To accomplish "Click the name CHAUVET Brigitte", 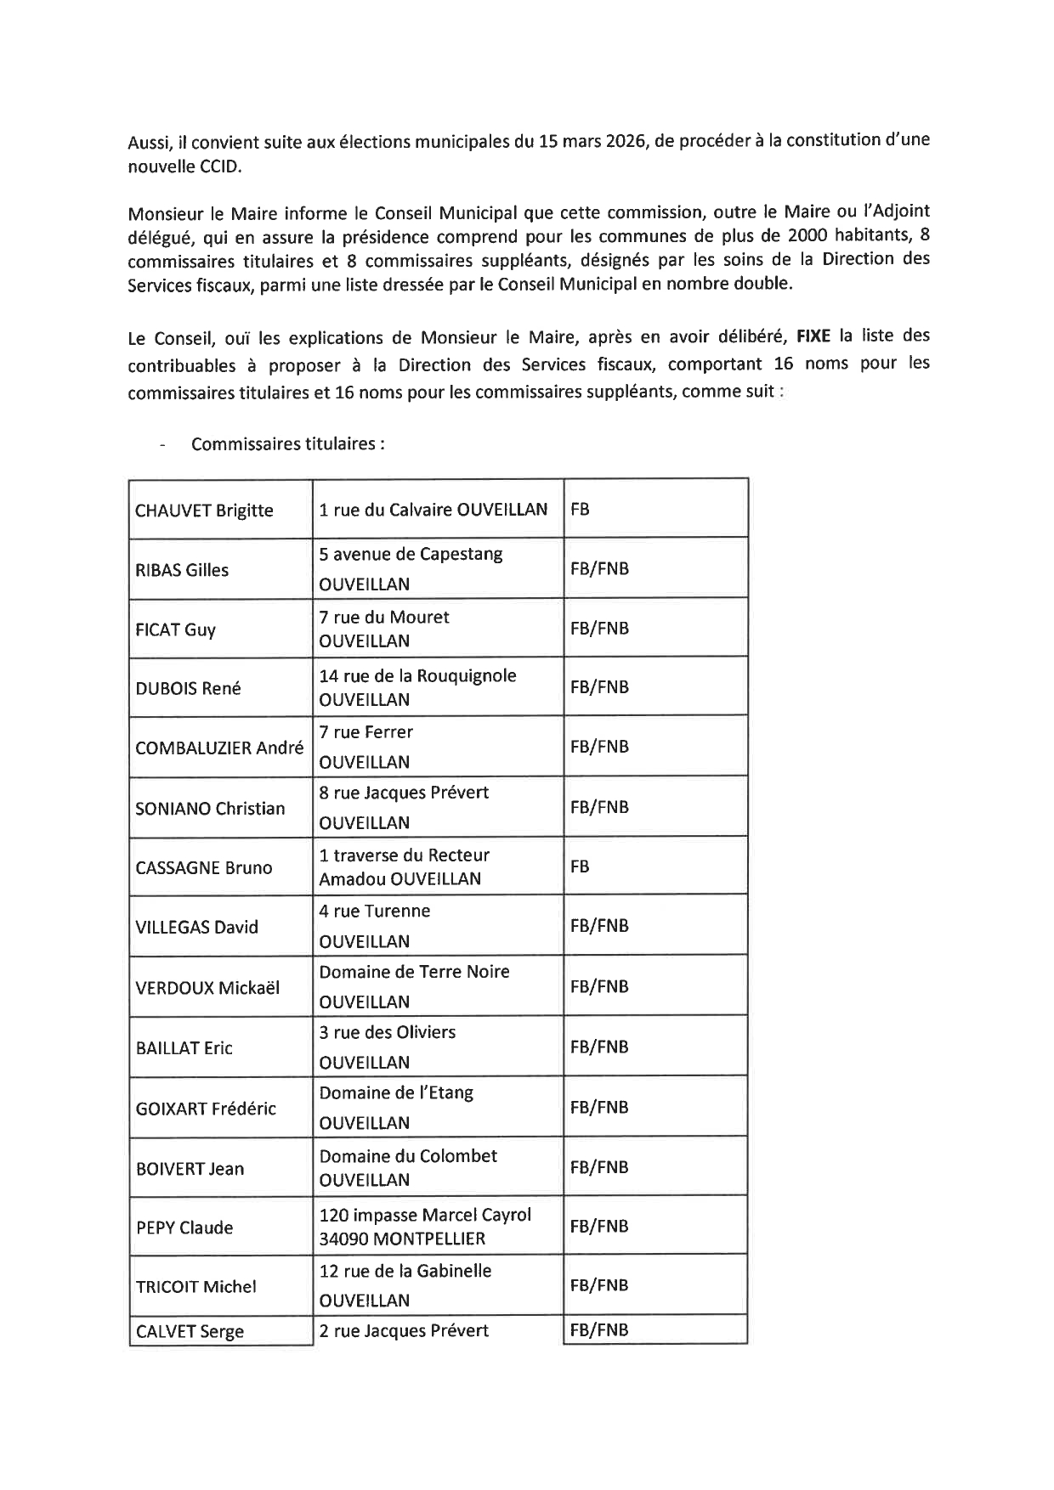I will click(x=204, y=511).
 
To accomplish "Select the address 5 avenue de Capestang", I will click(x=411, y=555).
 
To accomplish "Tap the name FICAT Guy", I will click(x=175, y=629).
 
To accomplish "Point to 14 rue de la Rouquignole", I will click(x=417, y=676).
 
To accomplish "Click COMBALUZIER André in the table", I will click(x=219, y=748).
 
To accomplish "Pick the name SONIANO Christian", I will click(x=210, y=809).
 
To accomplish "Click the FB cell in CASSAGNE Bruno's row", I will click(x=580, y=867).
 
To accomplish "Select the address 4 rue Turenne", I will click(x=375, y=911).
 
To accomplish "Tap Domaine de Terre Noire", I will click(x=414, y=972).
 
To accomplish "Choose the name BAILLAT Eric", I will click(x=184, y=1048).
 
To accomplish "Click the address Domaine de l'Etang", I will click(x=396, y=1093).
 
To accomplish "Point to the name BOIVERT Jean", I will click(x=190, y=1169).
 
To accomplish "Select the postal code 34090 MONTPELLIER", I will click(x=402, y=1239).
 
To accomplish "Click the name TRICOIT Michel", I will click(x=195, y=1287).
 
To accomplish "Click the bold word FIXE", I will click(x=813, y=336).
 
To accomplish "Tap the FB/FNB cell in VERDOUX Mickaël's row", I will click(x=599, y=987).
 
